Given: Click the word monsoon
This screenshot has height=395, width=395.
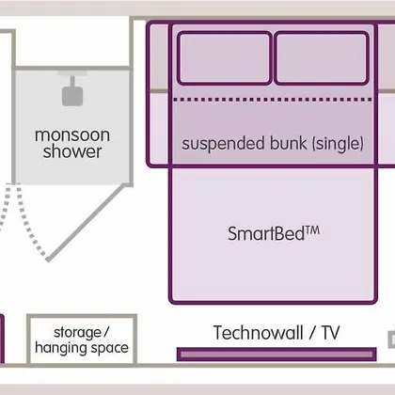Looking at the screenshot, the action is (x=72, y=135).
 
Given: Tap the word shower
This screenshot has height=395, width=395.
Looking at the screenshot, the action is (x=72, y=151).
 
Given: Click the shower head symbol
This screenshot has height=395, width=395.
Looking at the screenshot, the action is (x=72, y=91).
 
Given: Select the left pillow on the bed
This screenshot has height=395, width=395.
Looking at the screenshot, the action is (x=225, y=58).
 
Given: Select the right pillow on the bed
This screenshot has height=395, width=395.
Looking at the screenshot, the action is (x=322, y=58).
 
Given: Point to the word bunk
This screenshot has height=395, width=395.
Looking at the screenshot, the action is (x=289, y=143).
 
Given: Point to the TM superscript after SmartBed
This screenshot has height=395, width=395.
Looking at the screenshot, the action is (x=312, y=230).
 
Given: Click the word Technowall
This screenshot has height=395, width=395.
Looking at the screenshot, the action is (x=259, y=333).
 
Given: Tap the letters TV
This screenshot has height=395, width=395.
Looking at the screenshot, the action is (x=330, y=333).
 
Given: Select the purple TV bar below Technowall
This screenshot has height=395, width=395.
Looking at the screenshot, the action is (x=276, y=355).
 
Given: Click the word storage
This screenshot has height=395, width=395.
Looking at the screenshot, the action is (x=77, y=332).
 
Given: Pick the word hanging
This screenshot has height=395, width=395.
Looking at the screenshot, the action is (x=56, y=348).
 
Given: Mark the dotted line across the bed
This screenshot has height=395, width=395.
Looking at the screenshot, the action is (x=272, y=100).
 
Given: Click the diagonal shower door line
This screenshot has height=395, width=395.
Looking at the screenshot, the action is (x=87, y=222).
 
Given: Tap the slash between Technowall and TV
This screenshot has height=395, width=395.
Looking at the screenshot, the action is (x=312, y=333).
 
